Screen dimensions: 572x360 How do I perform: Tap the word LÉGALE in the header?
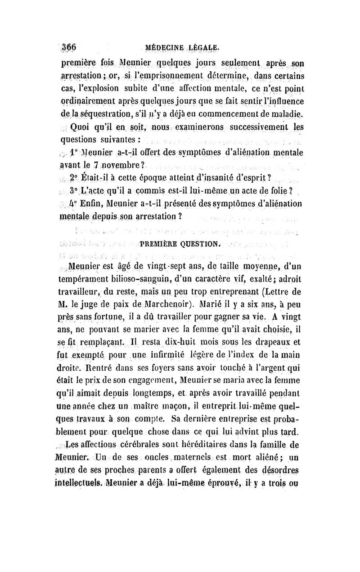coord(205,47)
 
